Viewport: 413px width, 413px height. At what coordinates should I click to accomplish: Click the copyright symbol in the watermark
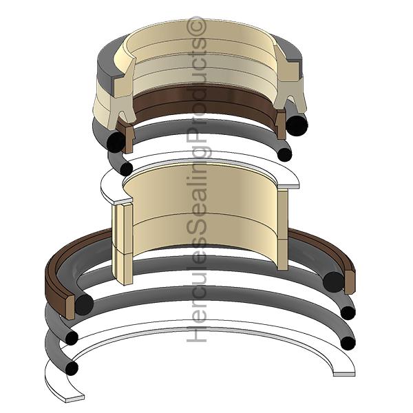tap(196, 25)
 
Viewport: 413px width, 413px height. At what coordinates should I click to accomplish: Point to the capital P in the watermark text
tap(196, 137)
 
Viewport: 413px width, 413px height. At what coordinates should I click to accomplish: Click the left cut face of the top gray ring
tap(107, 67)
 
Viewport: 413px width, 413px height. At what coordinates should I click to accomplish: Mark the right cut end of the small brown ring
tap(282, 124)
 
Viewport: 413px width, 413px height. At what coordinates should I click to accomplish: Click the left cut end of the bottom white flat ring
tap(75, 399)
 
